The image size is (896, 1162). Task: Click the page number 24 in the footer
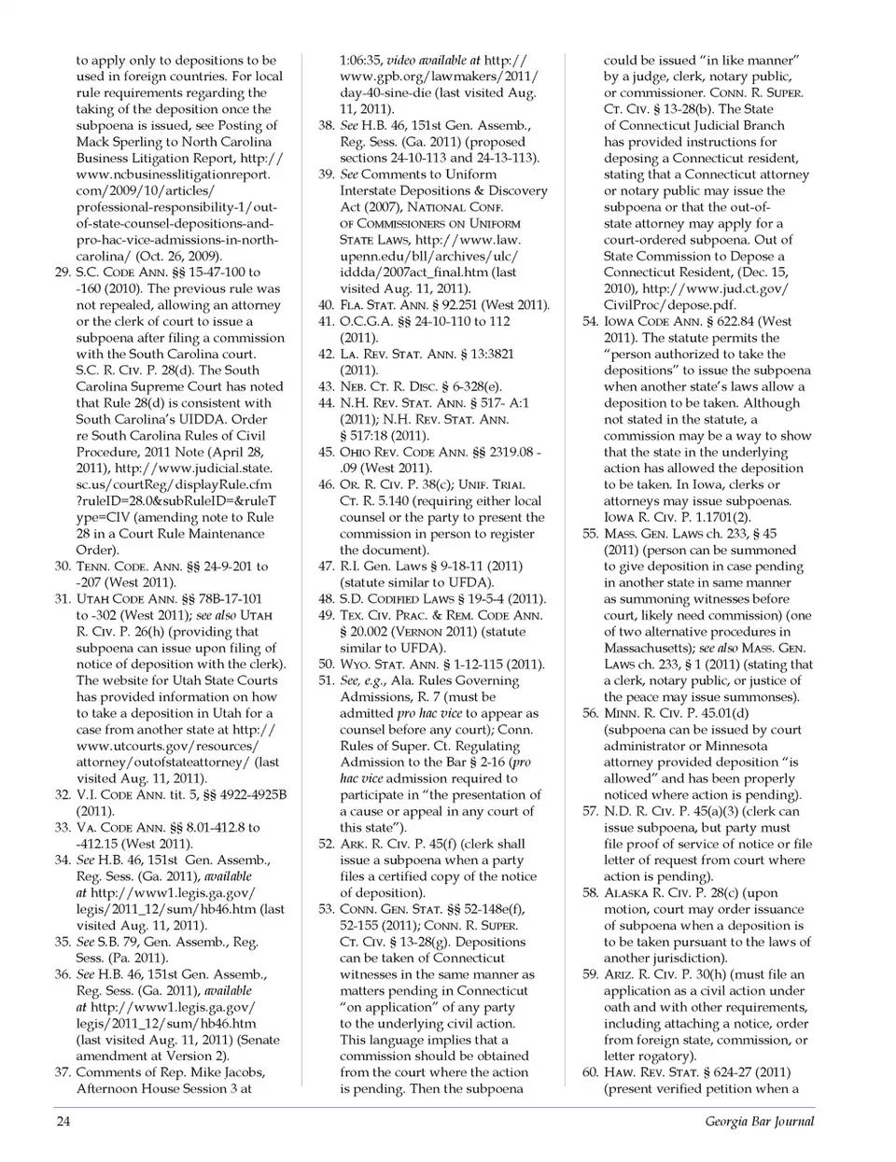[63, 1121]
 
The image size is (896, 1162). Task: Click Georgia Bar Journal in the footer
[759, 1121]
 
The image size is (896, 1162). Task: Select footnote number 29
[63, 273]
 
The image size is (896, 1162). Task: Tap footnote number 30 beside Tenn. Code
[63, 567]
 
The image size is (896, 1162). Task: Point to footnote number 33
[63, 827]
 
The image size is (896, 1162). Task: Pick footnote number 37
[63, 1071]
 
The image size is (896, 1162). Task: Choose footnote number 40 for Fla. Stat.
[326, 305]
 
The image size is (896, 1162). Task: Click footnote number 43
[326, 386]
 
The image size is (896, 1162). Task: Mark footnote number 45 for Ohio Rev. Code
[326, 452]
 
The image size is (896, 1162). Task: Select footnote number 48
[326, 598]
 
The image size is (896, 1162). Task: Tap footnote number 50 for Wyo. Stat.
[326, 664]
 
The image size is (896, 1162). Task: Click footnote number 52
[326, 844]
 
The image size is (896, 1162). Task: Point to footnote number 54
[590, 321]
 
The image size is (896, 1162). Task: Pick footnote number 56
[590, 713]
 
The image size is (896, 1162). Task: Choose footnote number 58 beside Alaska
[590, 892]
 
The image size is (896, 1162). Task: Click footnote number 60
[590, 1071]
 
